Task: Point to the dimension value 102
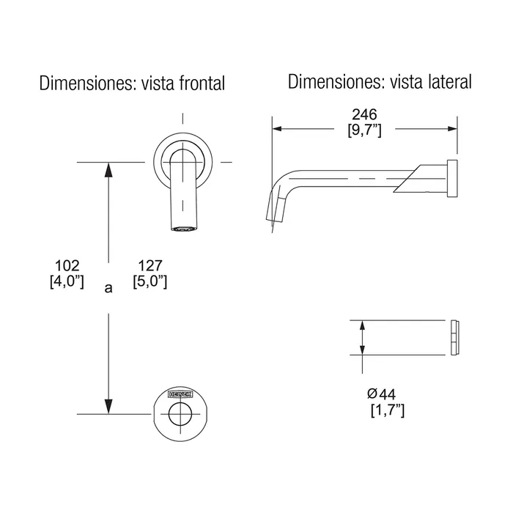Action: coord(67,265)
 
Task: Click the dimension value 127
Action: coord(149,265)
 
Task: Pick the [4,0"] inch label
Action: coord(67,281)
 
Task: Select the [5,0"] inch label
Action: coord(150,281)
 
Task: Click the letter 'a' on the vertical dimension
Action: coord(108,288)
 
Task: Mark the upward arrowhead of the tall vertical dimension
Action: coord(108,169)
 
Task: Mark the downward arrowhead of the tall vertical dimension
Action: coord(108,406)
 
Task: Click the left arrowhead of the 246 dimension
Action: coord(278,129)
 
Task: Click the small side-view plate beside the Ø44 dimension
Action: coord(454,337)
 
